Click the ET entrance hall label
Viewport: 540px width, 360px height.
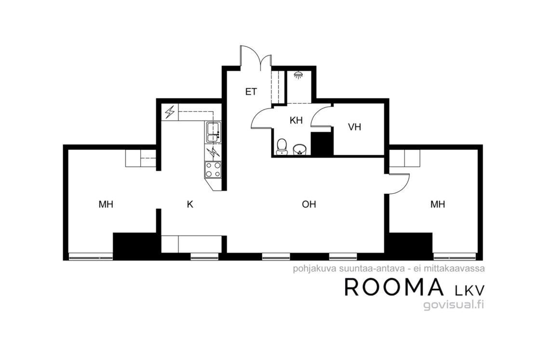(x=251, y=92)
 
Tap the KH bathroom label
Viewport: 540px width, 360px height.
(x=296, y=120)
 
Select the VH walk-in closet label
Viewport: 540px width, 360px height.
(x=354, y=127)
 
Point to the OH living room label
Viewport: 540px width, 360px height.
(x=309, y=204)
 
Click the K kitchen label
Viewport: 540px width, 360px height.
(x=190, y=204)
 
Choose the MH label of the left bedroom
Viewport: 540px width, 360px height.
(x=106, y=204)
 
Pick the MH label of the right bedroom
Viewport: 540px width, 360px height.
(x=438, y=204)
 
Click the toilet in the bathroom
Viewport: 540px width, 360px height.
(x=282, y=147)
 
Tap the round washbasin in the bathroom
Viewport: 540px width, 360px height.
(x=299, y=149)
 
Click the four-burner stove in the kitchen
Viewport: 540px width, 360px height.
(x=213, y=170)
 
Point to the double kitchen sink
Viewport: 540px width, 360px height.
(x=213, y=132)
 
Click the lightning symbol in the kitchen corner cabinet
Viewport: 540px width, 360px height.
(x=170, y=112)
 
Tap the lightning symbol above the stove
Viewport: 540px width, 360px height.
(x=213, y=152)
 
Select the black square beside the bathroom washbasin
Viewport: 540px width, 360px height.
(x=322, y=144)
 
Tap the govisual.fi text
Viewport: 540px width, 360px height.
(x=454, y=304)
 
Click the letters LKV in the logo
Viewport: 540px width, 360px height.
(x=470, y=291)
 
